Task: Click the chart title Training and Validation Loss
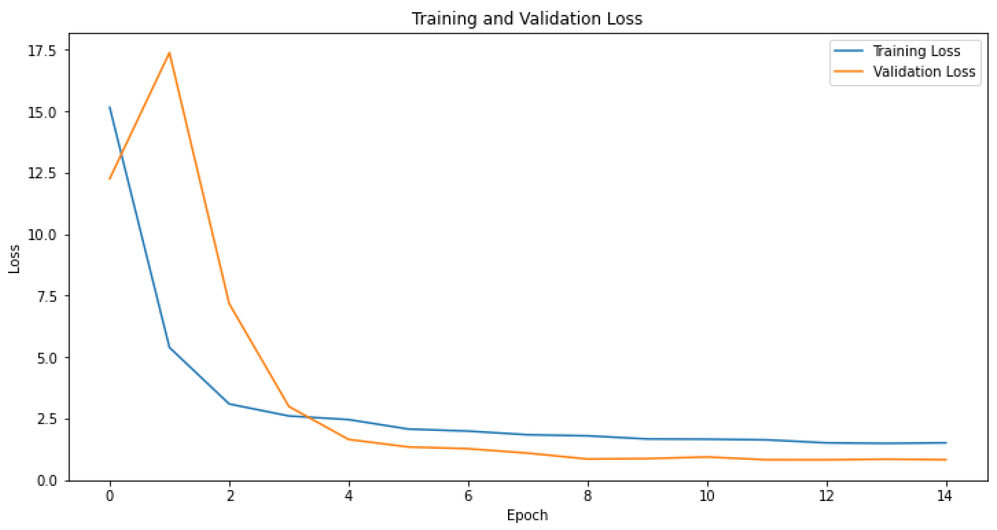click(x=527, y=19)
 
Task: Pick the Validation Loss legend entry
click(x=924, y=72)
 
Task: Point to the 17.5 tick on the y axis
click(x=42, y=51)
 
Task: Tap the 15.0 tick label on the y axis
click(x=42, y=112)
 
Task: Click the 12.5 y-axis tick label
click(x=42, y=173)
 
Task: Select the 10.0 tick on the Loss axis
click(x=42, y=235)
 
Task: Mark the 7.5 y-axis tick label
click(x=46, y=296)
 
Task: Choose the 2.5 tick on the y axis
click(x=46, y=420)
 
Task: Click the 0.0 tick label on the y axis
click(x=46, y=480)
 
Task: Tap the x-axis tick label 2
click(x=230, y=496)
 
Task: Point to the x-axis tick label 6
click(x=468, y=496)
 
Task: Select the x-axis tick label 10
click(x=707, y=496)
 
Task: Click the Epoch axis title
click(x=527, y=515)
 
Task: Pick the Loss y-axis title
click(x=14, y=259)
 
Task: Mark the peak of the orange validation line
click(x=170, y=53)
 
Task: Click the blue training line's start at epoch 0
click(x=110, y=107)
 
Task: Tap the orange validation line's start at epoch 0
click(x=110, y=179)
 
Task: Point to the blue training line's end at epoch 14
click(x=946, y=443)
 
